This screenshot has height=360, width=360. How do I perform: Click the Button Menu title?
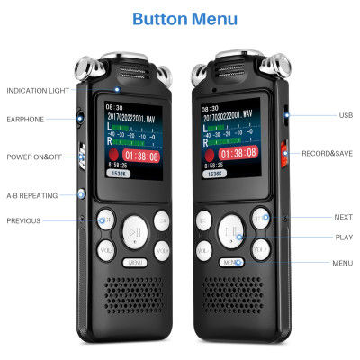click(x=184, y=19)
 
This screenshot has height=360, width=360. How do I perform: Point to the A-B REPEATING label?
click(x=31, y=194)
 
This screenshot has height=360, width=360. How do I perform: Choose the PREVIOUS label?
click(x=22, y=220)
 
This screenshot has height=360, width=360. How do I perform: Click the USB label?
click(x=346, y=115)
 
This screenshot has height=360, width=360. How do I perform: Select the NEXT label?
click(x=343, y=217)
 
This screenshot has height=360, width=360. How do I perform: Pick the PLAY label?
click(x=343, y=238)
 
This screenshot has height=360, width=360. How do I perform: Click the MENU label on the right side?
click(x=342, y=263)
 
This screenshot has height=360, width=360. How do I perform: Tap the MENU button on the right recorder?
click(x=231, y=262)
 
